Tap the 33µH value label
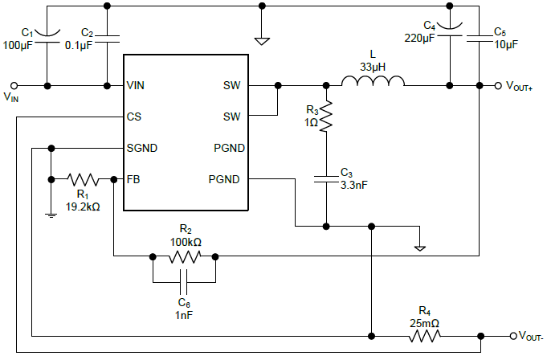click(373, 66)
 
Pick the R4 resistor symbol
click(424, 336)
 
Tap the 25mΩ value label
click(425, 323)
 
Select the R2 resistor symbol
click(184, 257)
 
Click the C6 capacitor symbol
click(184, 283)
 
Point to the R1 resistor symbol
click(83, 178)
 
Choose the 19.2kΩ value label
click(83, 207)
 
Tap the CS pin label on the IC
click(134, 117)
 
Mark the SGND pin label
click(141, 148)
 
